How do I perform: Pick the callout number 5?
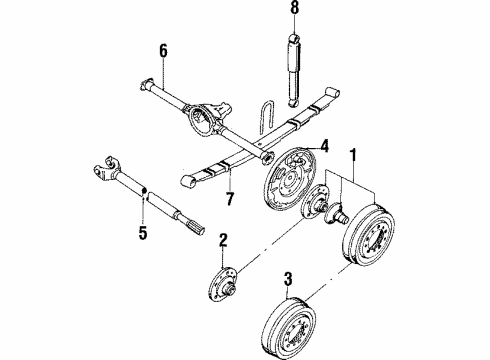pos(142,233)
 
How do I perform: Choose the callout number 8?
pos(293,10)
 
